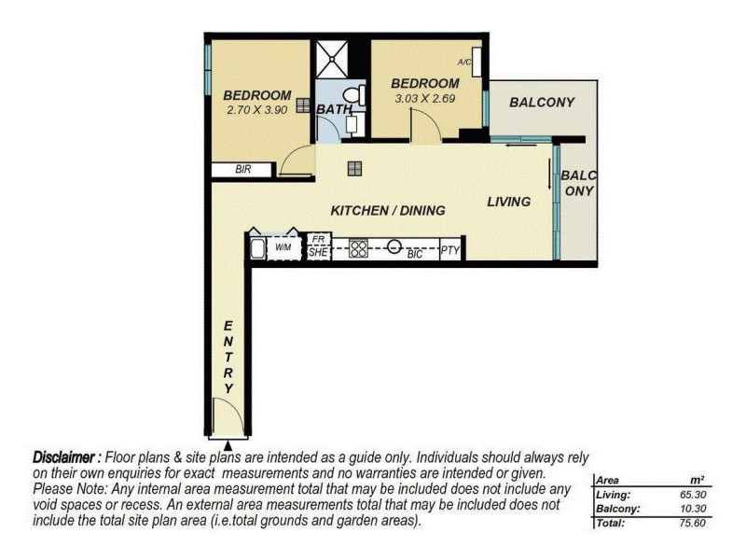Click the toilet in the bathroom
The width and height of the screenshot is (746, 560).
(x=355, y=95)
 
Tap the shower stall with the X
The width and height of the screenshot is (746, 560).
(x=331, y=59)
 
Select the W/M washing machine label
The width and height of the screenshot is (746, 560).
(x=283, y=247)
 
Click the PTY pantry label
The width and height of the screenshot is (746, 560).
(x=449, y=249)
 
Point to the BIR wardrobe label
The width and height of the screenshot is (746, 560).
(x=242, y=169)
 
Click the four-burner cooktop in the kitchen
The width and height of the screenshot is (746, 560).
(x=358, y=248)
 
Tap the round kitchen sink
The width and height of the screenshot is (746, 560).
(x=394, y=246)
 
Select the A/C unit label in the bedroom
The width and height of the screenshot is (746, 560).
(x=463, y=62)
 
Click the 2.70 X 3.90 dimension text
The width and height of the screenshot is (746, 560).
(x=257, y=110)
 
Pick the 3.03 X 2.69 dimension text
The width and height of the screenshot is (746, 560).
(x=425, y=99)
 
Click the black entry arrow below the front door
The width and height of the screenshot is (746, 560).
(x=228, y=446)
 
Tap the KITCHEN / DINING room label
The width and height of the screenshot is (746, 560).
(x=388, y=211)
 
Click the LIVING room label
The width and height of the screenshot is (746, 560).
(x=508, y=202)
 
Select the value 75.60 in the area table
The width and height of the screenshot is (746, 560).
(x=692, y=523)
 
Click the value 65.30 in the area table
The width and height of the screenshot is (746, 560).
(x=693, y=495)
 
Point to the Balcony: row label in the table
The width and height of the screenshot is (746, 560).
(x=617, y=509)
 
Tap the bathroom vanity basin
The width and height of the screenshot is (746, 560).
(x=352, y=124)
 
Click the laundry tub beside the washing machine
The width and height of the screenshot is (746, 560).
(x=257, y=248)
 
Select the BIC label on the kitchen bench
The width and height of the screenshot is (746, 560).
(x=414, y=254)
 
